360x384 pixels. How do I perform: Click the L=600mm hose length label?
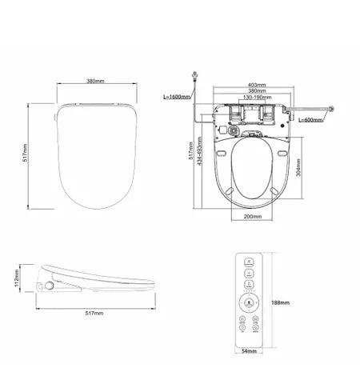coord(308,120)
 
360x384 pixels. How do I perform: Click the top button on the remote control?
coord(248,262)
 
